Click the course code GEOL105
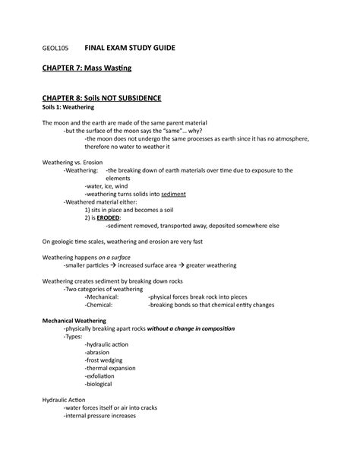(x=56, y=49)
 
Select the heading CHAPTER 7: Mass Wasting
(x=86, y=69)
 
